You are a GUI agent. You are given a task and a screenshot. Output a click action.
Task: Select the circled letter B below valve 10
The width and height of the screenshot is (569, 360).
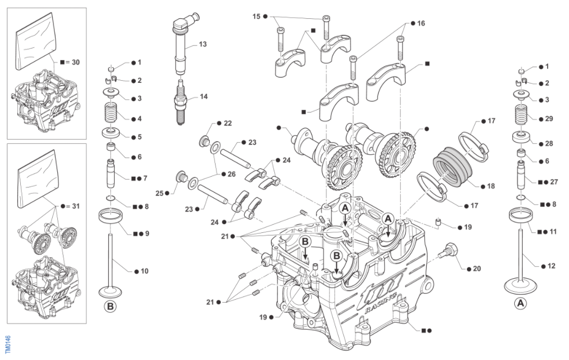pos(110,306)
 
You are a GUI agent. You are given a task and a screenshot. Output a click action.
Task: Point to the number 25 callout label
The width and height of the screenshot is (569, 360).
pos(161,193)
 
